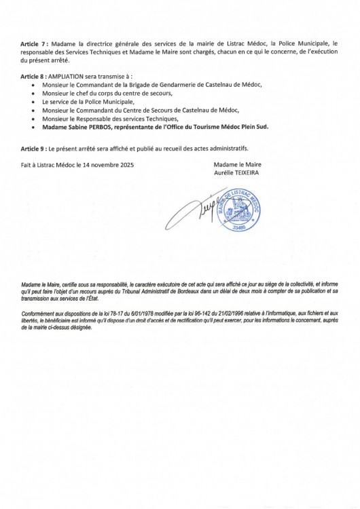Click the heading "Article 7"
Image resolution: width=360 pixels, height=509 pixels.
[x=32, y=43]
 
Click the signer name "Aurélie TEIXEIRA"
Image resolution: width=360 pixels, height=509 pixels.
[x=237, y=172]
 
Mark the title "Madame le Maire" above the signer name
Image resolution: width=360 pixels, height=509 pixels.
[x=237, y=164]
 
